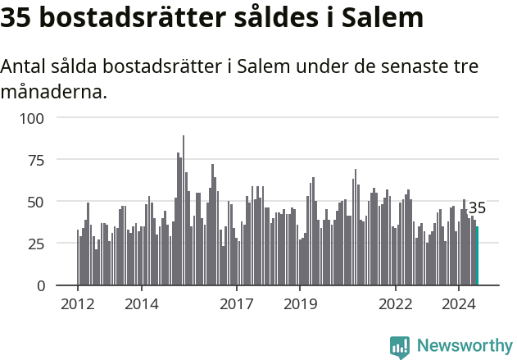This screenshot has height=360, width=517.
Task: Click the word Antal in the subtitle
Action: [23, 66]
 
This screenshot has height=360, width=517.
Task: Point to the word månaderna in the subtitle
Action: [53, 91]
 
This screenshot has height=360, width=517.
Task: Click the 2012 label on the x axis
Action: [78, 305]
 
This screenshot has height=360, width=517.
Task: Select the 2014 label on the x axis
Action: [142, 305]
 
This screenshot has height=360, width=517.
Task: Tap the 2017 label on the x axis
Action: [237, 305]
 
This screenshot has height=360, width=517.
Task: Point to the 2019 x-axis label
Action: [300, 305]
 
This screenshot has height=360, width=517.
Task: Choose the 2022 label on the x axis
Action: [396, 305]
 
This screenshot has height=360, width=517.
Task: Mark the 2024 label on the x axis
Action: [459, 305]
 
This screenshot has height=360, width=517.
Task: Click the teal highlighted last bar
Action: [477, 256]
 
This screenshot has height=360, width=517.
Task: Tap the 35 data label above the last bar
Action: [477, 208]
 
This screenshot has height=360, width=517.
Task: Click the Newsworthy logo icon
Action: [399, 346]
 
